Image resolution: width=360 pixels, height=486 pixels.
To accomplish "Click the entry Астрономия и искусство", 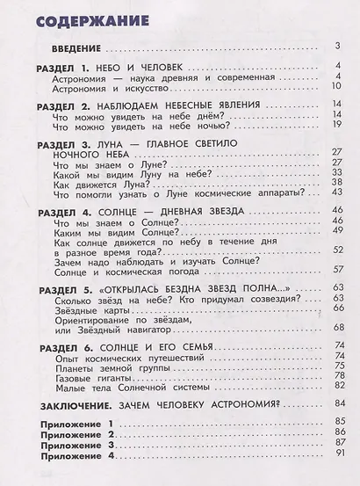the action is (x=102, y=88).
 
